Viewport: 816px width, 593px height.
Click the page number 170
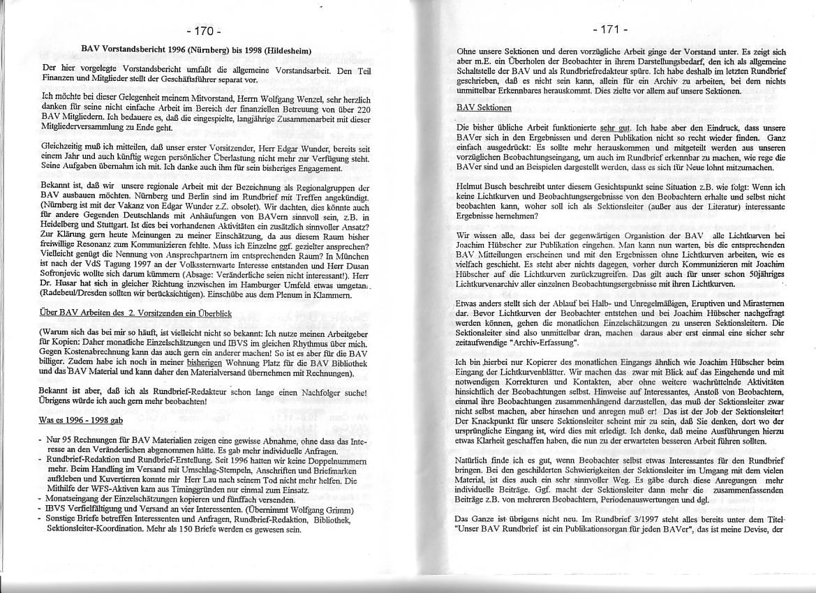coord(205,31)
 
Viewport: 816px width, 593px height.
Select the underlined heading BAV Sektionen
coord(484,108)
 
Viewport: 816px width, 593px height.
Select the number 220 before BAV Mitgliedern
coord(362,110)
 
